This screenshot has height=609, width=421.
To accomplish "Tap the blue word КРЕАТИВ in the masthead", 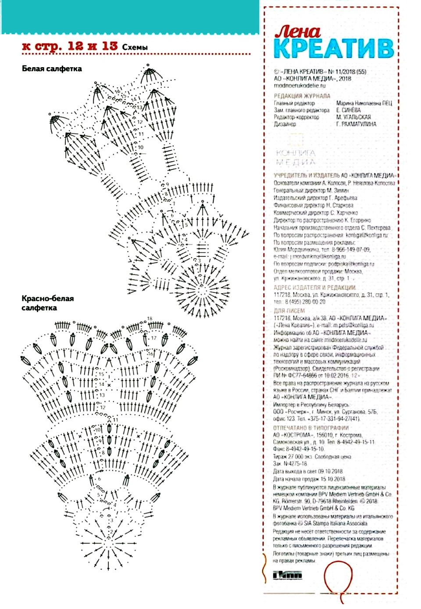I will pyautogui.click(x=333, y=48).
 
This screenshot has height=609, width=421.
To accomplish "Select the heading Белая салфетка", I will pyautogui.click(x=52, y=68).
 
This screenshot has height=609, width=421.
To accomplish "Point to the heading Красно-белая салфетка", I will pyautogui.click(x=48, y=303).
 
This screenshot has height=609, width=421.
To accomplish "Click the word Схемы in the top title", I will pyautogui.click(x=135, y=47).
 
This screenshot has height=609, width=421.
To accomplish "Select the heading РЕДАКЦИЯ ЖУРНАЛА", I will pyautogui.click(x=302, y=96).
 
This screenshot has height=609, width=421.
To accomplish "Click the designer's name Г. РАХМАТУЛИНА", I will pyautogui.click(x=356, y=124).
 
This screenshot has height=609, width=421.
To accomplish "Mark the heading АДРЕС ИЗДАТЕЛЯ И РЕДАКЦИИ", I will pyautogui.click(x=315, y=288).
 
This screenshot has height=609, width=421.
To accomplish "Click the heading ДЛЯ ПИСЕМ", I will pyautogui.click(x=289, y=310).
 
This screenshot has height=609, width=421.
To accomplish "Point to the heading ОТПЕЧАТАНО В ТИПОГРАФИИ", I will pyautogui.click(x=311, y=428).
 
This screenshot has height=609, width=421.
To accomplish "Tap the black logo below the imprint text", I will pyautogui.click(x=287, y=575).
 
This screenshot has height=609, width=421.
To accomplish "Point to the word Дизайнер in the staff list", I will pyautogui.click(x=285, y=124).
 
